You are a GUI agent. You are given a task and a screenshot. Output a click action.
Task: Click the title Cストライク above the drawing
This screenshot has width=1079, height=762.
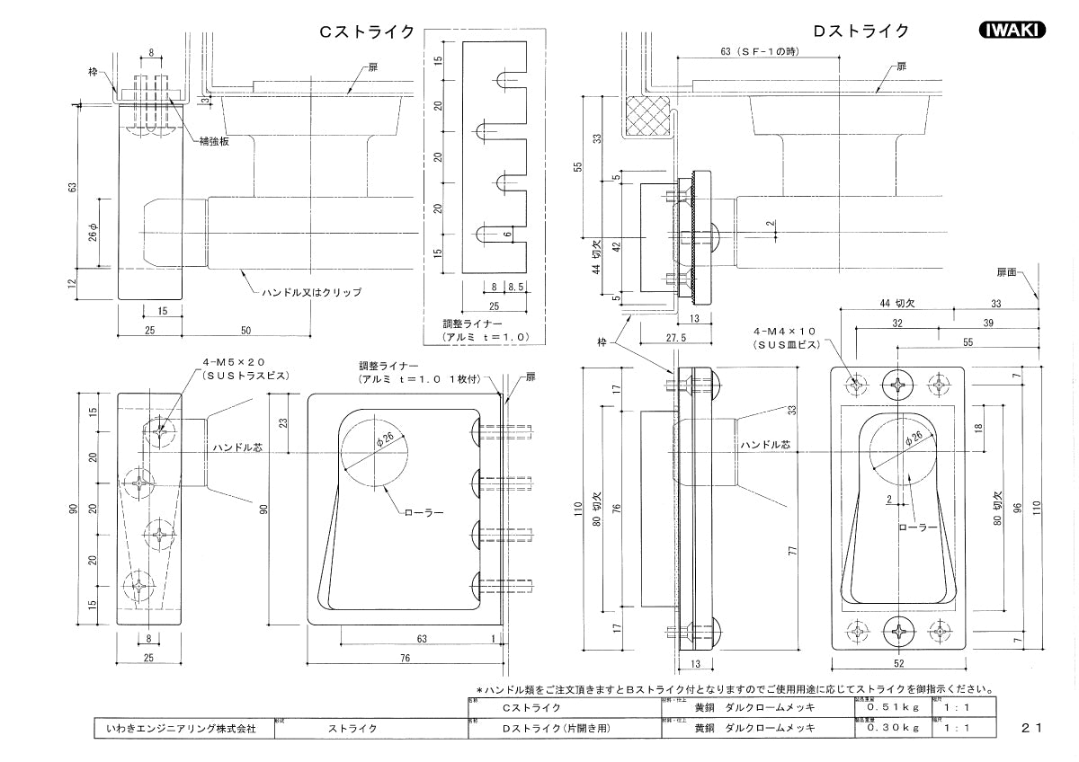pos(368,31)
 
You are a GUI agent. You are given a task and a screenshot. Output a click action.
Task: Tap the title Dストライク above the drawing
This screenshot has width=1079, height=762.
pos(861,31)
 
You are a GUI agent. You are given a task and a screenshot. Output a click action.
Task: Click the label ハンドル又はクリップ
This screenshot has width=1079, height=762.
pos(311,293)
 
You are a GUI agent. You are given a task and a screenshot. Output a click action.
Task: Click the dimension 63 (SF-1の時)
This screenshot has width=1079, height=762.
pos(760,51)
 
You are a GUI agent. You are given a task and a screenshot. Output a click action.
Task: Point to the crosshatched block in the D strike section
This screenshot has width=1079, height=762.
pos(649,115)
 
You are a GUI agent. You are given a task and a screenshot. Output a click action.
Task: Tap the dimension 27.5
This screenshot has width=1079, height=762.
pos(676,337)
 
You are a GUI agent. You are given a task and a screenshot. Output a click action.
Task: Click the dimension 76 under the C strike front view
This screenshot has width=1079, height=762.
pos(405,659)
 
